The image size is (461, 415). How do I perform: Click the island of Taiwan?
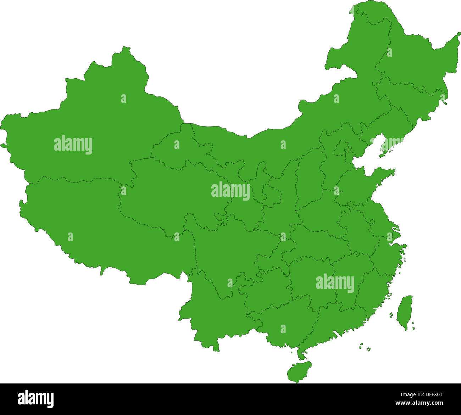coord(404,312)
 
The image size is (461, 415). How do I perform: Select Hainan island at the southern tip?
coord(299,371)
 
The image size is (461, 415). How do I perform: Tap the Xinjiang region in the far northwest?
coord(89,124)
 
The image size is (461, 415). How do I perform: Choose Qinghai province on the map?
coord(167,191)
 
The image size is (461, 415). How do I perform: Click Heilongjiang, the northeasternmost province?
coord(411,60)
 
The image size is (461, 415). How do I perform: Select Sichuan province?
coord(227,248)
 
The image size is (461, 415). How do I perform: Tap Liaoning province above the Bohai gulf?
coord(387,124)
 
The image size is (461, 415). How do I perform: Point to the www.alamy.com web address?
coord(418,403)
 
